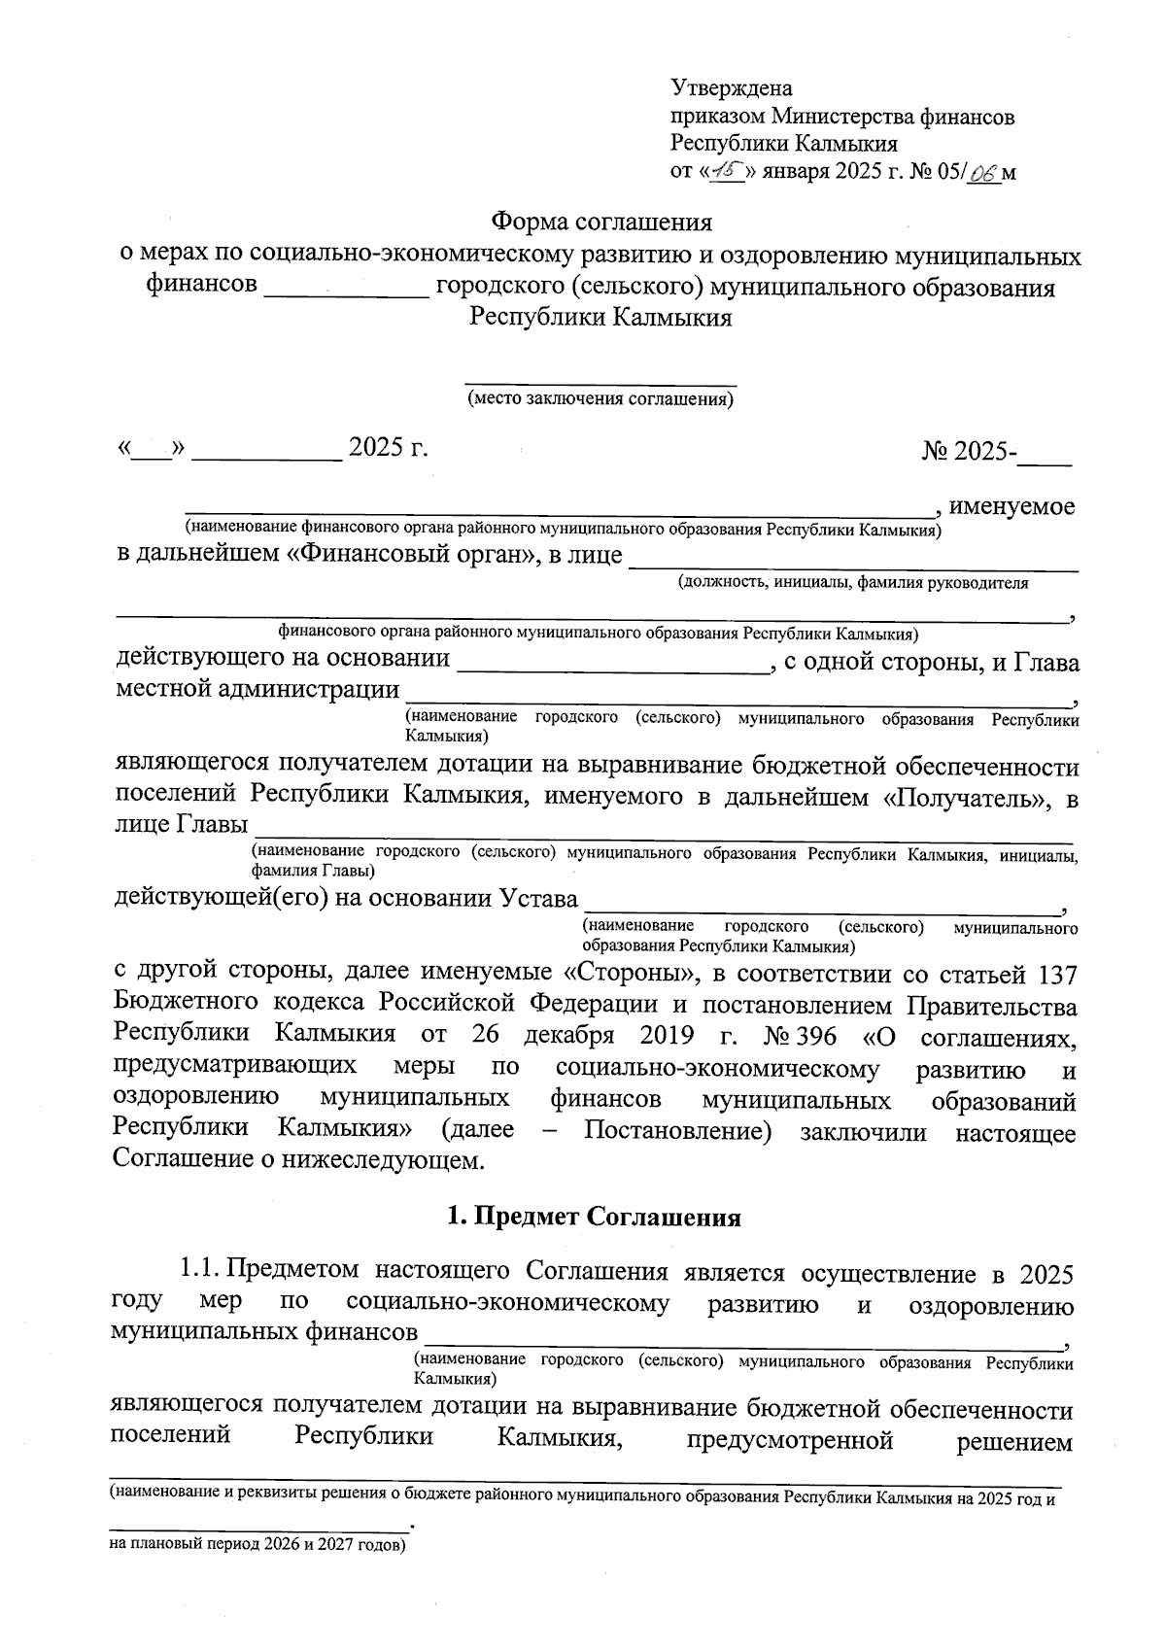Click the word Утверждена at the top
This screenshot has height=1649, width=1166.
click(732, 89)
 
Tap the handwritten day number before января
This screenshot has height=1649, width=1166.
click(726, 172)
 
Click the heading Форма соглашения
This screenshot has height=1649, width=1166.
click(601, 223)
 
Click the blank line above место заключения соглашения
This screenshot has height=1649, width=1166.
click(600, 384)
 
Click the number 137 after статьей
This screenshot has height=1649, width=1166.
click(1057, 973)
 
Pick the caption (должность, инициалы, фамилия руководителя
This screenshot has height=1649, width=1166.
click(852, 583)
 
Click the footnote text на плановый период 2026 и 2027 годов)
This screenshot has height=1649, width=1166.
click(257, 1544)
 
